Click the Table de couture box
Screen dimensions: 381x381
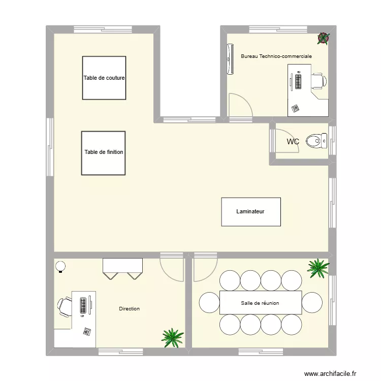(x=104, y=78)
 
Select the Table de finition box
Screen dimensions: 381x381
(x=103, y=152)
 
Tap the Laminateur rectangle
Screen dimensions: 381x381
(x=250, y=211)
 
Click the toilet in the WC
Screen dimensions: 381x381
(x=317, y=141)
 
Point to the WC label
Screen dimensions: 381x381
(x=293, y=142)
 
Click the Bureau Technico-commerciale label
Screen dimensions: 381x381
(x=276, y=56)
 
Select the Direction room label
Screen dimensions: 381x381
(x=129, y=309)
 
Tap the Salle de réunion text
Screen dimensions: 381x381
(x=260, y=303)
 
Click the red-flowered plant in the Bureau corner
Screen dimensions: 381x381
(x=323, y=37)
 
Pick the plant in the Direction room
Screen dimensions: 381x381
(x=173, y=337)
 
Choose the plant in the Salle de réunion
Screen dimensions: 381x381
(x=318, y=268)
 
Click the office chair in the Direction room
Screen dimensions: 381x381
(x=65, y=306)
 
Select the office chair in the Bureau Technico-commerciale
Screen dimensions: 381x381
(x=318, y=80)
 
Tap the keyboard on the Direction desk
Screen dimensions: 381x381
(x=82, y=306)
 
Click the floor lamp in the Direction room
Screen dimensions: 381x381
(x=60, y=266)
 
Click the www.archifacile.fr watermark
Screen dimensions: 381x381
(x=331, y=373)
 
